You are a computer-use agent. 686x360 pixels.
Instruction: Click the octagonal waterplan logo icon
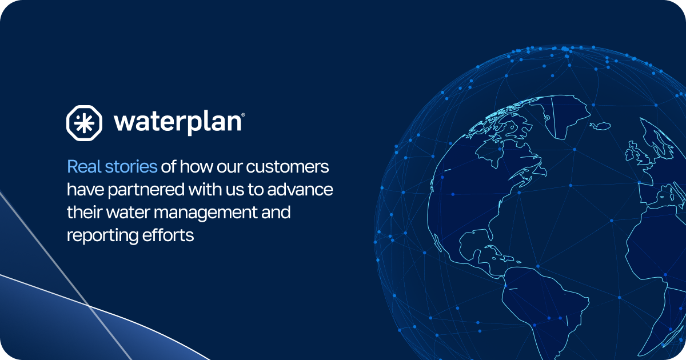85,122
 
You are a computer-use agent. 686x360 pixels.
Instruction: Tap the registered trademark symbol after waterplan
244,115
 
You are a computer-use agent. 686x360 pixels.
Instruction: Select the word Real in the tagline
83,167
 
